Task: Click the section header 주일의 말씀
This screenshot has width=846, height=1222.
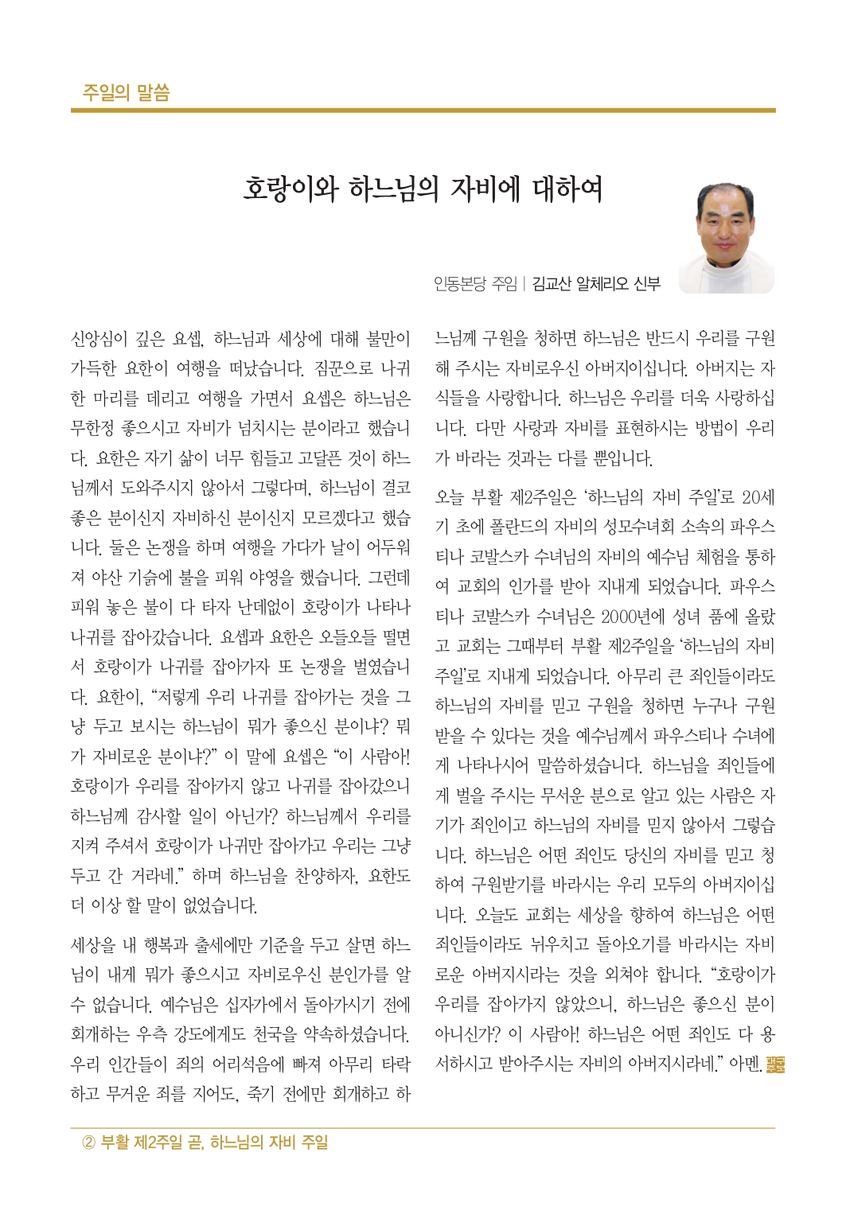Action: (126, 92)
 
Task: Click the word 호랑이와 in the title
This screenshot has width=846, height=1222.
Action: (290, 189)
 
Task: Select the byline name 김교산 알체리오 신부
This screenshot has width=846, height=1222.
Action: (596, 283)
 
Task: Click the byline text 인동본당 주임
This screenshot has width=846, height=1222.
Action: (474, 283)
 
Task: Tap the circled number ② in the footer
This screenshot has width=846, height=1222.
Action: (89, 1143)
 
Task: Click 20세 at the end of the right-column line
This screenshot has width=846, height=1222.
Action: (758, 497)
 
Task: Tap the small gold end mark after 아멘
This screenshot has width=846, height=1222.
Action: (774, 1064)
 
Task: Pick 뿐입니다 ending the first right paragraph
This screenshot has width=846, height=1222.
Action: (623, 458)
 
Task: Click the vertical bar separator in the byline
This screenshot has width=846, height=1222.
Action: (524, 283)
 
